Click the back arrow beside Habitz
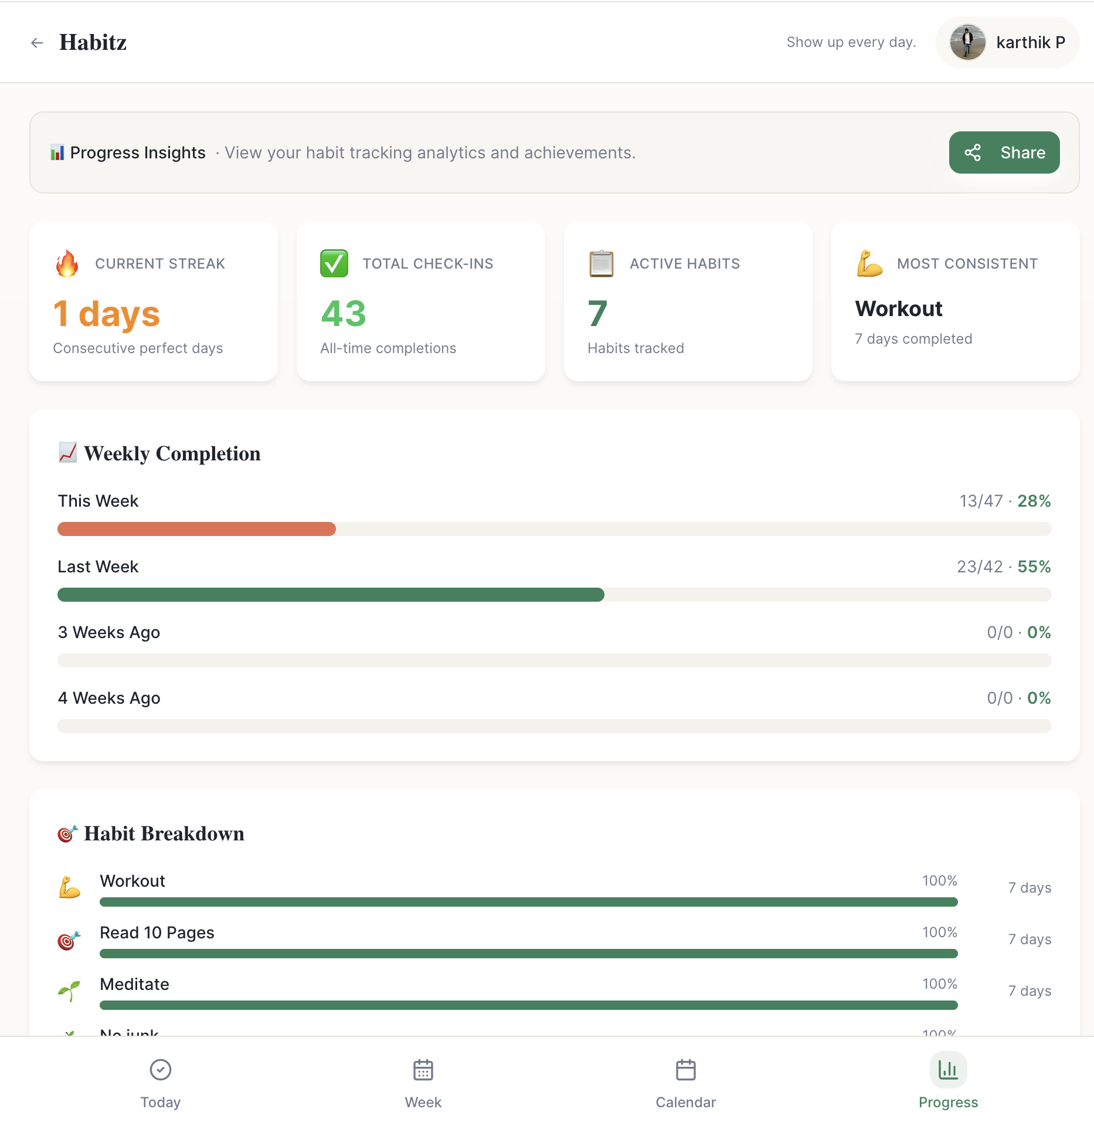click(37, 43)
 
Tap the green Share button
click(1004, 152)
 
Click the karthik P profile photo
click(967, 42)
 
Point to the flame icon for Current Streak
click(67, 263)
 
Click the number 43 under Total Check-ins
click(344, 313)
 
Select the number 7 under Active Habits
click(597, 313)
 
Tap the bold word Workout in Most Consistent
click(898, 308)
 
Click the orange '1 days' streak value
click(106, 314)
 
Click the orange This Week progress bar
click(196, 529)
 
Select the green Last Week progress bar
click(331, 595)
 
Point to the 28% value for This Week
click(1034, 501)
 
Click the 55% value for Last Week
click(1034, 567)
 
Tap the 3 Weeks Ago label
click(109, 632)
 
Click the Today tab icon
click(160, 1070)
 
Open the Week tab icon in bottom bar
click(423, 1070)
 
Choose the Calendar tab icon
click(685, 1070)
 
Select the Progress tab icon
click(948, 1070)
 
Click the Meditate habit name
click(134, 984)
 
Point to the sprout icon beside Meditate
click(69, 991)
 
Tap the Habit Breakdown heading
click(164, 833)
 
